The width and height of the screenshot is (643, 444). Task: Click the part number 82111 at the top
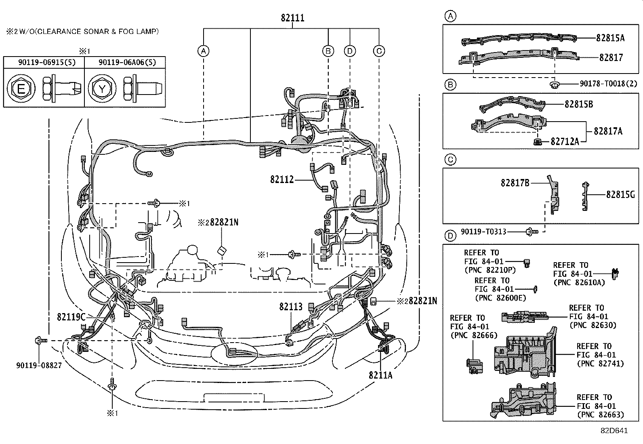tap(292, 18)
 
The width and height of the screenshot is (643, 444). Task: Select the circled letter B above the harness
tap(328, 51)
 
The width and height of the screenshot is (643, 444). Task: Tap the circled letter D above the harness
tap(350, 51)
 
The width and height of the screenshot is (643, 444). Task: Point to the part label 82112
tap(282, 179)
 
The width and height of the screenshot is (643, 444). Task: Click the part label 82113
tap(291, 307)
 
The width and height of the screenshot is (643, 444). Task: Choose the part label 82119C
tap(71, 317)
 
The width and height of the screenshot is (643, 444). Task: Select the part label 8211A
tap(380, 375)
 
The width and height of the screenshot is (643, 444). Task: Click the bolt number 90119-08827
tap(39, 365)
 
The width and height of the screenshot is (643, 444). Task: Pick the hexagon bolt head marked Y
tap(102, 88)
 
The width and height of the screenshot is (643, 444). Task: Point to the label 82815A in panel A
tap(610, 38)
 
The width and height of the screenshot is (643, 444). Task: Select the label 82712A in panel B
tap(565, 141)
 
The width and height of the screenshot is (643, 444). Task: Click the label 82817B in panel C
tap(515, 183)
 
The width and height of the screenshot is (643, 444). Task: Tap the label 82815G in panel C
tap(621, 195)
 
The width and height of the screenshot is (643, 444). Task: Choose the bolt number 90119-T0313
tap(483, 232)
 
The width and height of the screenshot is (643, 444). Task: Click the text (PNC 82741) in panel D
tap(600, 364)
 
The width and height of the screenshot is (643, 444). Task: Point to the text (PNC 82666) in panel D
tap(474, 335)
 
